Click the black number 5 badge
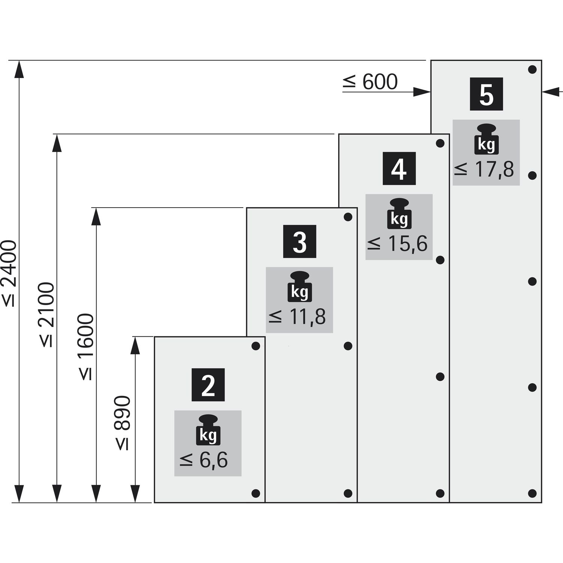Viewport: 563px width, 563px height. (486, 94)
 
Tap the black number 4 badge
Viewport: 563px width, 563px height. (399, 169)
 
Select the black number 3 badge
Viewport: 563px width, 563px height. (300, 241)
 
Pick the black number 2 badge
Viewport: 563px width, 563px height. (208, 385)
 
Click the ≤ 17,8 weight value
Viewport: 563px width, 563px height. (484, 170)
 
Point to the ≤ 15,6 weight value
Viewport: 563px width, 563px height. (397, 244)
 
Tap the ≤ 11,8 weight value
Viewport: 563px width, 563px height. (297, 317)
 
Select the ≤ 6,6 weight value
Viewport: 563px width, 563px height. (203, 460)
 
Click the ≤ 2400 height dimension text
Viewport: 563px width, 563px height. (9, 274)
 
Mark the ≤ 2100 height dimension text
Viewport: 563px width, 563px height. (47, 315)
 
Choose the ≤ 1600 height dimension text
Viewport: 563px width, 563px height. (86, 347)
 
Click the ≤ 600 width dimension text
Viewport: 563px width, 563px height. (370, 82)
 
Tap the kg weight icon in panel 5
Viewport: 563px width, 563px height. (486, 139)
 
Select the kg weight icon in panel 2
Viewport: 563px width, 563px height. (208, 430)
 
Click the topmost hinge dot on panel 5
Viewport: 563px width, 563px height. (532, 69)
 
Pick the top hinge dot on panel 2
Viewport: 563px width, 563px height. (256, 346)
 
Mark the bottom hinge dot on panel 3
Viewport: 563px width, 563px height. (348, 493)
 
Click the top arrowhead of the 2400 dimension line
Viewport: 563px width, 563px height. (19, 69)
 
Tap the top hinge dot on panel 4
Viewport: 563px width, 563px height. (440, 143)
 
